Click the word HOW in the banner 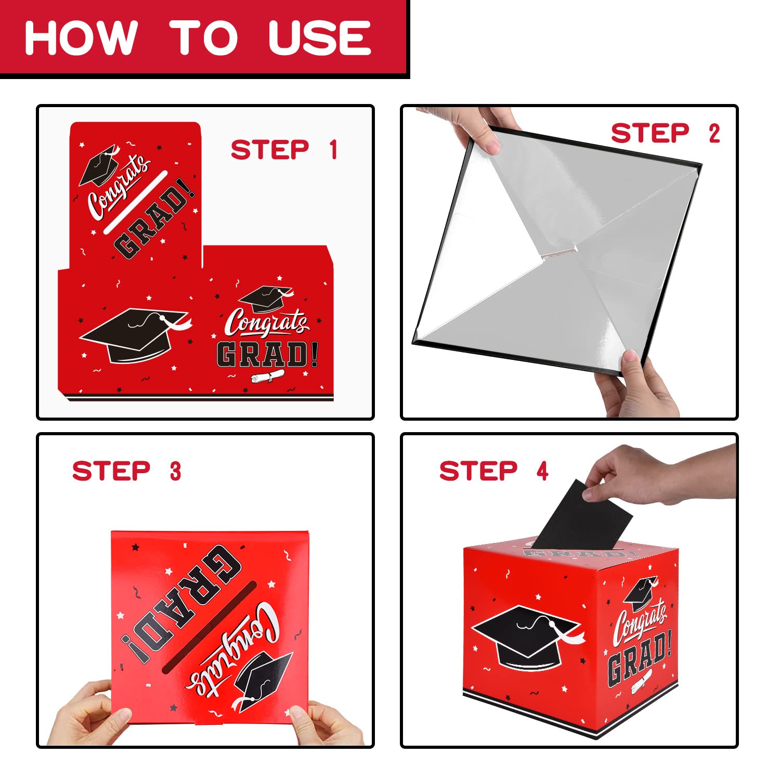click(x=81, y=37)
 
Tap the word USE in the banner click(x=320, y=37)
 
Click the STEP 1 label click(x=284, y=150)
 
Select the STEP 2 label click(x=666, y=133)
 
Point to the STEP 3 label click(x=127, y=471)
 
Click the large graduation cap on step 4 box click(x=526, y=638)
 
